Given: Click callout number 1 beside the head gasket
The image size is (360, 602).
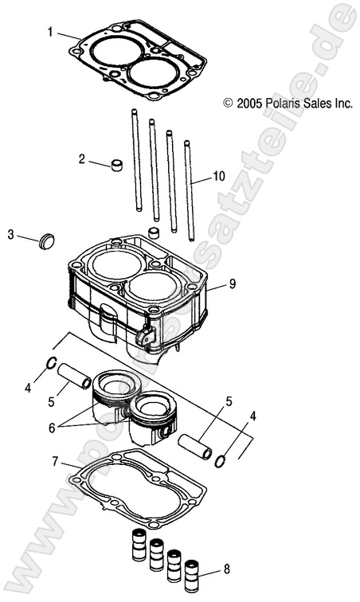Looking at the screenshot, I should coord(50,33).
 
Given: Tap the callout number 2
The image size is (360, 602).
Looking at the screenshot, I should coord(81,158).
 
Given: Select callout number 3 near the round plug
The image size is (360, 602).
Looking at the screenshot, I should coord(11,234).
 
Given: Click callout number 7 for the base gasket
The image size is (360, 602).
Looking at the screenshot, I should coord(55,462).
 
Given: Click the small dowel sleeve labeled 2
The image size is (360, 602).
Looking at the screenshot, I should coord(118,166).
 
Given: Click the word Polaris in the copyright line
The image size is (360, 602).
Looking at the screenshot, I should coord(280,104).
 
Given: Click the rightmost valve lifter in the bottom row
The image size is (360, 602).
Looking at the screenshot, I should coord(191,574).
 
